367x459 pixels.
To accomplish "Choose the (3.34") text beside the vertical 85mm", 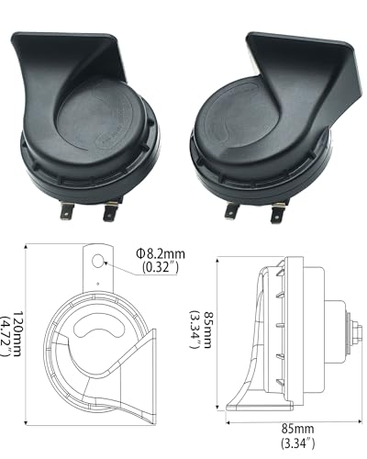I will (x=195, y=325).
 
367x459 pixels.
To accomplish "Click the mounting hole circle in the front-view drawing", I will (x=96, y=264).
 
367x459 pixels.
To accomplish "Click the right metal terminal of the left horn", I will (x=110, y=213).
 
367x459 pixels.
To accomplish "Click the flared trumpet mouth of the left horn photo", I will (x=55, y=64).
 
